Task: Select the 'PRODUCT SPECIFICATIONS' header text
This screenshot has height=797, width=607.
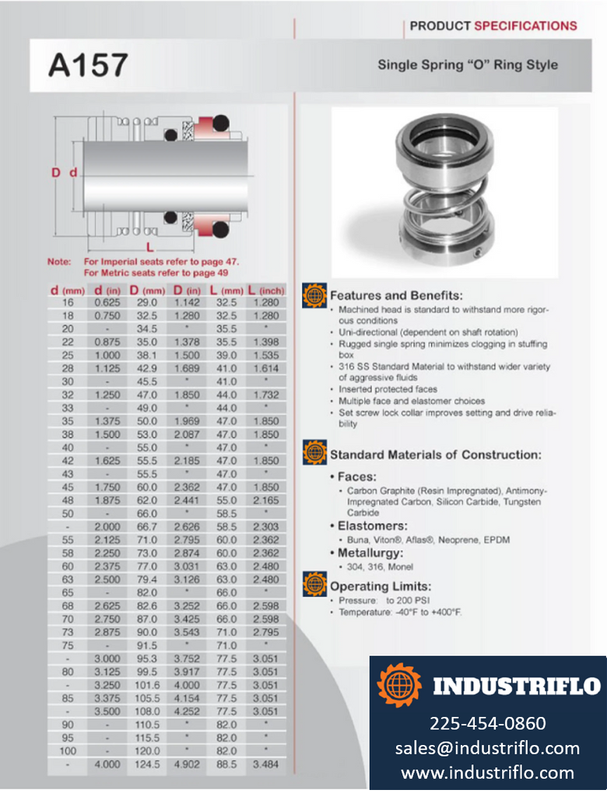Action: pos(493,26)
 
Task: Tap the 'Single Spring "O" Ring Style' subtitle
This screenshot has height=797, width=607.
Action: pos(468,65)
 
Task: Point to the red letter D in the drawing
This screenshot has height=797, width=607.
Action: pos(56,172)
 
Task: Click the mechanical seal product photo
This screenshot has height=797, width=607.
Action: pos(444,192)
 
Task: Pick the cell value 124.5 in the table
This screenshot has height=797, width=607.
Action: pos(147,764)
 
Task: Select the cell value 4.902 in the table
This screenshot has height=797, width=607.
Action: pos(186,764)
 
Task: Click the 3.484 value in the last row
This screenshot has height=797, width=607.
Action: pos(265,764)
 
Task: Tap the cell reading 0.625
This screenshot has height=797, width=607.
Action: pos(107,302)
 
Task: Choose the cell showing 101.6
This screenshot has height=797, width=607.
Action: pos(147,685)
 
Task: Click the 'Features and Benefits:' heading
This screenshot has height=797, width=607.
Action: pos(396,296)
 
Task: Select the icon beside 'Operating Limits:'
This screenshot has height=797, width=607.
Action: pos(314,585)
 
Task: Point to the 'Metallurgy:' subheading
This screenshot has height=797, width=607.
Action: pos(370,553)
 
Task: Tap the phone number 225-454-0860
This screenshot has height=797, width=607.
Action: pos(488,723)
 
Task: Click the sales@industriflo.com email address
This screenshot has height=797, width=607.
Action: pos(488,748)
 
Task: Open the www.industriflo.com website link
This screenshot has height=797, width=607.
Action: pos(488,773)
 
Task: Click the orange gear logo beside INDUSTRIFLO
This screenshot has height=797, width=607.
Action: pos(399,685)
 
